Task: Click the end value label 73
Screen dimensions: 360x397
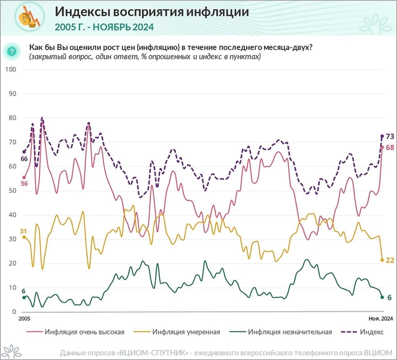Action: click(x=390, y=137)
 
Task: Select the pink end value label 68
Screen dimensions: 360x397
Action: click(x=390, y=148)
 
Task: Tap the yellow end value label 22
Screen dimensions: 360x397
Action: click(x=390, y=260)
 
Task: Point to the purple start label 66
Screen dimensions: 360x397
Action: click(x=24, y=158)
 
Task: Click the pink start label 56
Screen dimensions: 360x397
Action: click(x=24, y=183)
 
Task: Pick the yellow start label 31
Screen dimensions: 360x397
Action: click(x=23, y=231)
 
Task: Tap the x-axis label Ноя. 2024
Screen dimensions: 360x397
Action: click(x=377, y=318)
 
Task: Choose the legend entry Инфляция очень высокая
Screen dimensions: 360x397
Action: click(x=84, y=331)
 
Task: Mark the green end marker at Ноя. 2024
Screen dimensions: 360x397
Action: click(x=382, y=297)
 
